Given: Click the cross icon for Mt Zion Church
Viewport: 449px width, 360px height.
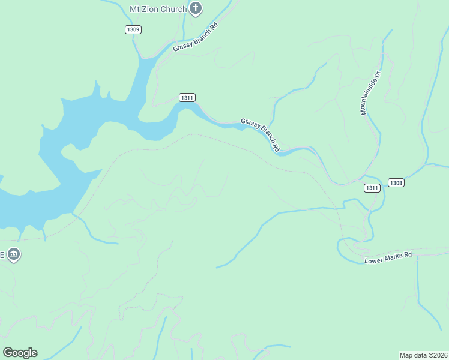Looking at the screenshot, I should pyautogui.click(x=196, y=8).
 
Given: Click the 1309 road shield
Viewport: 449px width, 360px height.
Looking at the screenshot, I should pyautogui.click(x=133, y=29).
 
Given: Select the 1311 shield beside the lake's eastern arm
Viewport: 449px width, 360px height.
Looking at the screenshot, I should pyautogui.click(x=187, y=97).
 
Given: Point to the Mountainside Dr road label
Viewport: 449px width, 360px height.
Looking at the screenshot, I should pyautogui.click(x=371, y=93).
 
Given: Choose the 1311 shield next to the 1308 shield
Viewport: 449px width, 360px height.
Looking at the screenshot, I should pyautogui.click(x=372, y=188).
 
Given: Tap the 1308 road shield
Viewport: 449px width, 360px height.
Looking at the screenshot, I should pyautogui.click(x=396, y=183).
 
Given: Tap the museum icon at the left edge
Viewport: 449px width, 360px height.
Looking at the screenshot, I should pyautogui.click(x=14, y=255).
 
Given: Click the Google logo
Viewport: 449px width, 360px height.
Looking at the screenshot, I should pyautogui.click(x=20, y=353).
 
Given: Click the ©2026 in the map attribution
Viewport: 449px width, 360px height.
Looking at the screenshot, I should pyautogui.click(x=438, y=355).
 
